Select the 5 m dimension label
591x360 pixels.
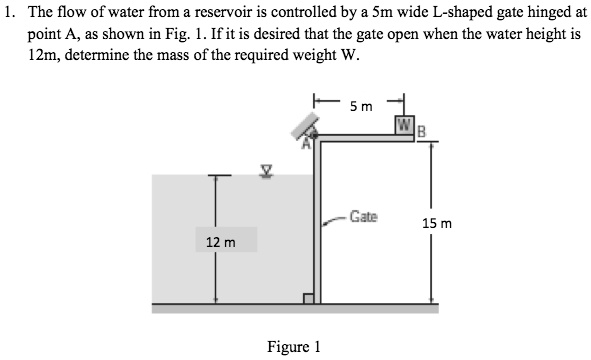tap(360, 106)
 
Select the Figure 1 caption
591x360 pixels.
tap(293, 347)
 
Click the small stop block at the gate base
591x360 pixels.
tap(309, 298)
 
